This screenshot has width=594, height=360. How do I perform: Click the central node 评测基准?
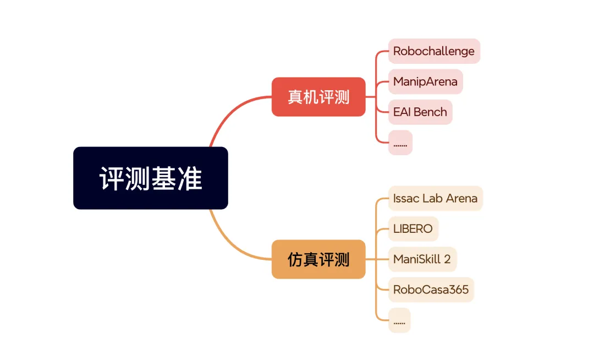[150, 178]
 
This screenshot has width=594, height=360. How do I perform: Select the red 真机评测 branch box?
[318, 97]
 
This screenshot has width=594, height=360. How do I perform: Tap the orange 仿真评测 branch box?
[318, 259]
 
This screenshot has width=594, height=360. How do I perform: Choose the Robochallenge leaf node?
[433, 51]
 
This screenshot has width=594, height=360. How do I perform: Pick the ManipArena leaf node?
[425, 81]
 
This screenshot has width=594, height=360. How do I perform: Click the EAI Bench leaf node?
[420, 112]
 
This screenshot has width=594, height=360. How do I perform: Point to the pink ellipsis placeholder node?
[400, 143]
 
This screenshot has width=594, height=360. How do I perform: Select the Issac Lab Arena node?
[435, 198]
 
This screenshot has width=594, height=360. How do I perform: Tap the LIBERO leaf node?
[413, 228]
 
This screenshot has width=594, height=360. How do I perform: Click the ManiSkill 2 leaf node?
[422, 259]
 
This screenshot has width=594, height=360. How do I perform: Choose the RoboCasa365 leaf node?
[431, 290]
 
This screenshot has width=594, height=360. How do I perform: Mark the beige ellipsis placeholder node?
[399, 320]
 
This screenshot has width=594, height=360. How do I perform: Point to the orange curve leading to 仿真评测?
[231, 242]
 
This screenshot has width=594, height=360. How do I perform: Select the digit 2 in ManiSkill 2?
[447, 259]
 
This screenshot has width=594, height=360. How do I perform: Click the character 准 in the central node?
[190, 178]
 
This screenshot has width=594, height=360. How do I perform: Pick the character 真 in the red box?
[295, 97]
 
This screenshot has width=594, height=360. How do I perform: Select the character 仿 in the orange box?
[295, 259]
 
